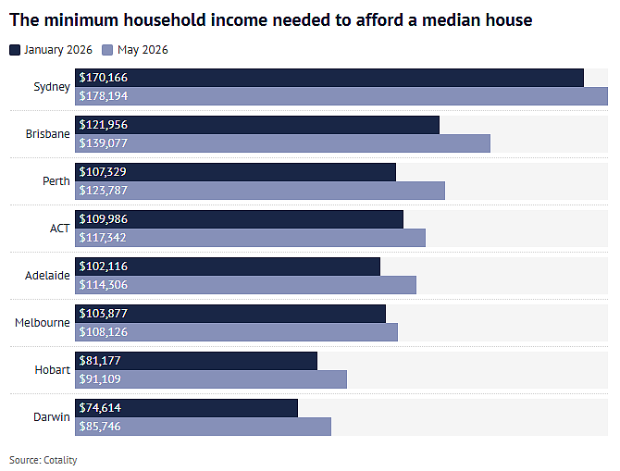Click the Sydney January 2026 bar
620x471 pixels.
tap(329, 78)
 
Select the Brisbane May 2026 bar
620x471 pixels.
tap(283, 143)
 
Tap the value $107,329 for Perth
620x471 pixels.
tap(103, 172)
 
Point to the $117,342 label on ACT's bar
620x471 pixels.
tap(103, 238)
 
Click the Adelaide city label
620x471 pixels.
tap(47, 275)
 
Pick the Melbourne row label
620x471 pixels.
tap(43, 323)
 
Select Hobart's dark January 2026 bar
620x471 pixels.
tap(196, 361)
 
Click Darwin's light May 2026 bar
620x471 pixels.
tap(204, 427)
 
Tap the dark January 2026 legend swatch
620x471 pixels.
tap(15, 50)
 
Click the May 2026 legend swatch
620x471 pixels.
tap(107, 50)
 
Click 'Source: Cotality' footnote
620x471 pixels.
tap(43, 460)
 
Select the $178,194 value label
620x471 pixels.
tap(104, 96)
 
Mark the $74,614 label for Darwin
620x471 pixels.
tap(100, 408)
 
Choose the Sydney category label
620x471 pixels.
tap(52, 87)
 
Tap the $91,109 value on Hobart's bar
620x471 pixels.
tap(100, 379)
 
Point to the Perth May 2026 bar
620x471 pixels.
tap(260, 191)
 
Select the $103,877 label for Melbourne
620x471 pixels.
tap(104, 314)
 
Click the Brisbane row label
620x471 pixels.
tap(48, 134)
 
